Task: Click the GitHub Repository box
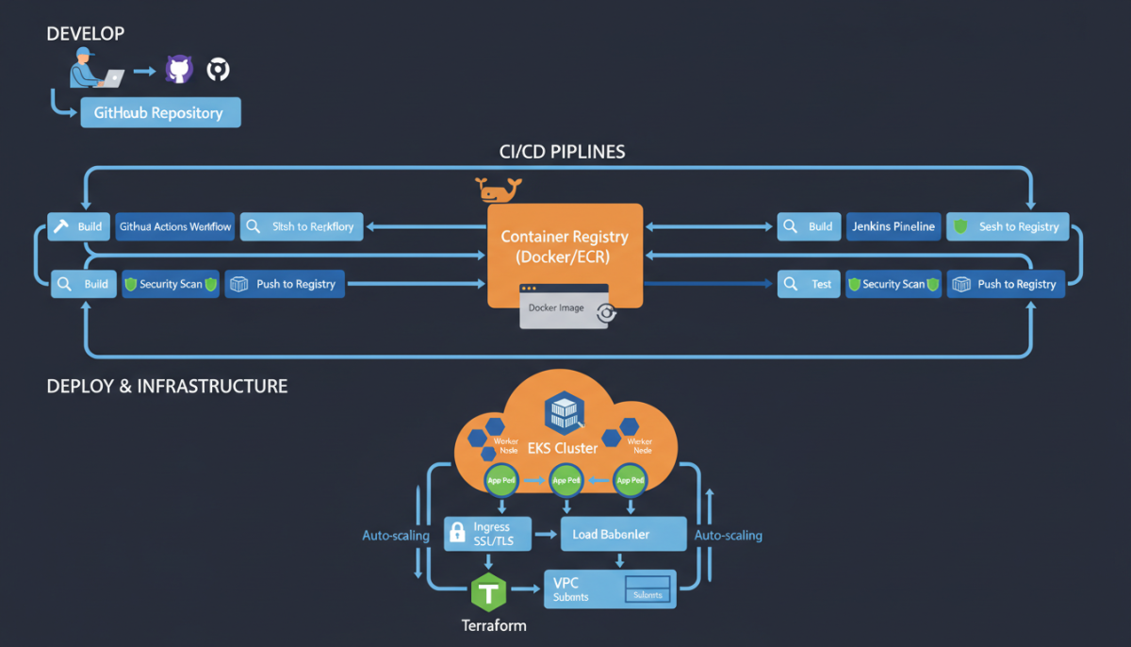[x=160, y=113]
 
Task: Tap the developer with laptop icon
[x=95, y=69]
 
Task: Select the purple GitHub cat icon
[x=178, y=69]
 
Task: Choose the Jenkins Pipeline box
[x=893, y=226]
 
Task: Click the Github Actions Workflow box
[x=175, y=226]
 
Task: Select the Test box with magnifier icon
[x=808, y=284]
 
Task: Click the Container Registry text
[x=565, y=246]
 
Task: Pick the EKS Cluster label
[x=564, y=448]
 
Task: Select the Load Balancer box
[x=623, y=534]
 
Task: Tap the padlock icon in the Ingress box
[x=457, y=534]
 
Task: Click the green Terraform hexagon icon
[x=488, y=592]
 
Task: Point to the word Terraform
[x=494, y=625]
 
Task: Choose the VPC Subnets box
[x=610, y=589]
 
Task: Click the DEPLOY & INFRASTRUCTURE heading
[x=167, y=387]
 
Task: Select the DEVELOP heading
[x=85, y=34]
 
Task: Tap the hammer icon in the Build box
[x=61, y=226]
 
